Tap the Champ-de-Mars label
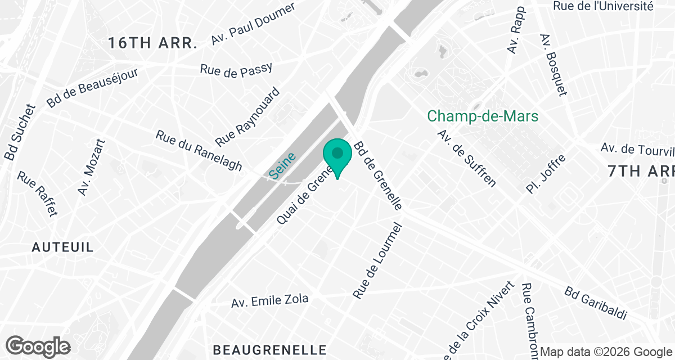(483, 116)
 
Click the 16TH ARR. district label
(153, 43)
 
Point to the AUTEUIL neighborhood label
(62, 247)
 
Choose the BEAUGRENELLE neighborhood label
(269, 350)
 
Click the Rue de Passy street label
(236, 69)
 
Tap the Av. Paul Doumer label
(253, 24)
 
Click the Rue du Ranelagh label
(199, 151)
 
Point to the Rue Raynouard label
(247, 116)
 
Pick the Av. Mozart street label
(92, 167)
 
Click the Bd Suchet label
(20, 132)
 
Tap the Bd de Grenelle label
(377, 175)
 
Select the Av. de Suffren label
(466, 158)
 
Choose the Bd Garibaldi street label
(596, 304)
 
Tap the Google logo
(38, 346)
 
